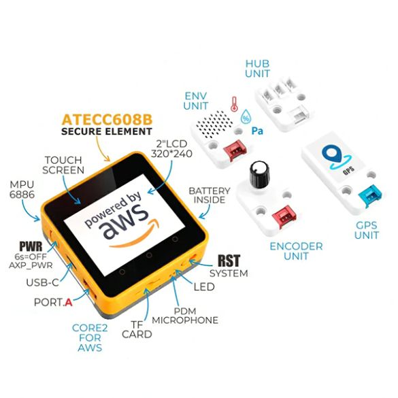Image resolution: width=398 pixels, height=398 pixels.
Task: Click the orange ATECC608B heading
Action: (107, 120)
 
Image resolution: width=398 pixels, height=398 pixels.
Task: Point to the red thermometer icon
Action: (234, 104)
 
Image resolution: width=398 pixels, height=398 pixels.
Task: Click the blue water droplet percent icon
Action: (246, 116)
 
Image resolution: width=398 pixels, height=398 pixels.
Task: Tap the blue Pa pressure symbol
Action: (257, 131)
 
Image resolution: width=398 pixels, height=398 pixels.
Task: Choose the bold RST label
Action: (229, 261)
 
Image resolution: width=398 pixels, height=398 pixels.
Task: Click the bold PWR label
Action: (31, 246)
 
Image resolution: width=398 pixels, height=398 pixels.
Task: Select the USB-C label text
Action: (43, 282)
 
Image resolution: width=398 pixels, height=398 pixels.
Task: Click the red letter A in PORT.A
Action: (69, 302)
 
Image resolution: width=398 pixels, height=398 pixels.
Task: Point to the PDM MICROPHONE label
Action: (185, 316)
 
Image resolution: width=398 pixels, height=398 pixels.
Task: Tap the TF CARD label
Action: (137, 329)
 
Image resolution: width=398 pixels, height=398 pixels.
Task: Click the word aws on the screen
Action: (124, 222)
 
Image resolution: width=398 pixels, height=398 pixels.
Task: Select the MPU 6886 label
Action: (22, 189)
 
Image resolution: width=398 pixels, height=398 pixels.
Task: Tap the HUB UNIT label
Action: (257, 69)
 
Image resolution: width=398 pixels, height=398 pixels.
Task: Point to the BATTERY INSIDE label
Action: (210, 195)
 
